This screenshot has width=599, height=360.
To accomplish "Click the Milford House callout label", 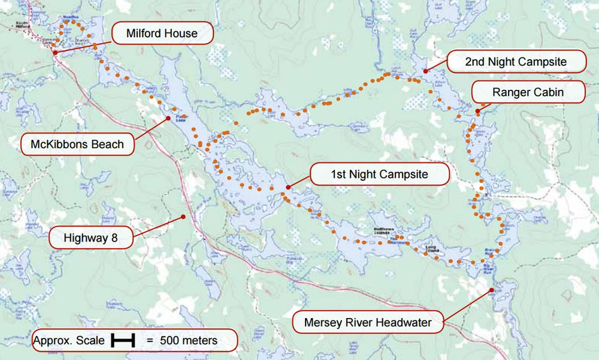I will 162,33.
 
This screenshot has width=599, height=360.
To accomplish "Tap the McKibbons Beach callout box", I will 77,144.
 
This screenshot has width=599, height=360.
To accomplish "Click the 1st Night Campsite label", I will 379,175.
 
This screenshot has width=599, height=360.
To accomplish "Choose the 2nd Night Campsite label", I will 515,61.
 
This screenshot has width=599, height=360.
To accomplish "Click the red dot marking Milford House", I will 55,53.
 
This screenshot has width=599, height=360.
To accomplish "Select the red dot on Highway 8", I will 183,216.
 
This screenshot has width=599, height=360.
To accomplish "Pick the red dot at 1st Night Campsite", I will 288,187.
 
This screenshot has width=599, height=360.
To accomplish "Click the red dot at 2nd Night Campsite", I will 425,71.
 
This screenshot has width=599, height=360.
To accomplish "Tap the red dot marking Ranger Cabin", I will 477,111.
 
